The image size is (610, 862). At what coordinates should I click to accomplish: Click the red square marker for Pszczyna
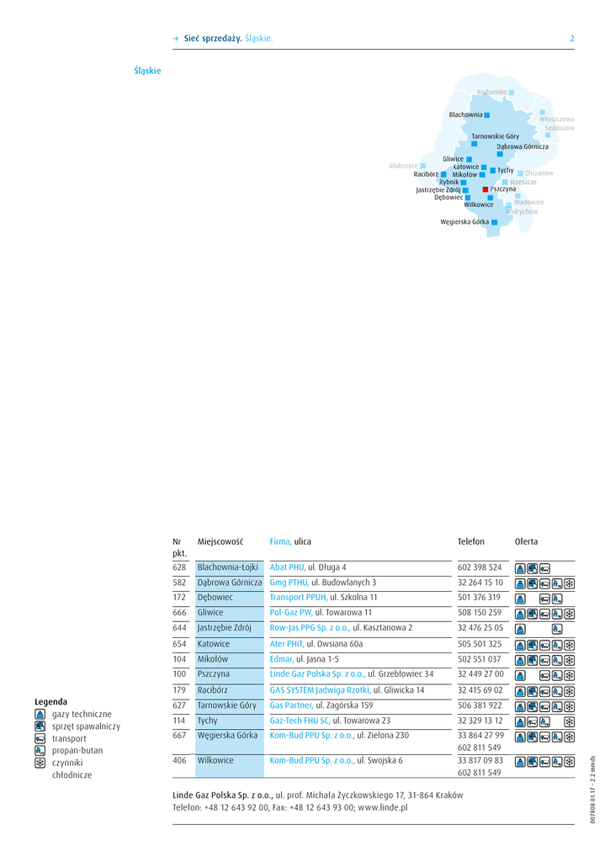point(485,189)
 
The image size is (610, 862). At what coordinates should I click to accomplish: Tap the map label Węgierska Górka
point(464,222)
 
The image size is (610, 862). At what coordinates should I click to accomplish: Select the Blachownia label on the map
point(465,114)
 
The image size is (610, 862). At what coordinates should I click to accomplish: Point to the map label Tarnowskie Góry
point(495,136)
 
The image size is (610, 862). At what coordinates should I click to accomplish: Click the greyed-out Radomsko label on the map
point(491,91)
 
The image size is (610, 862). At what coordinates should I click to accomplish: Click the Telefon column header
point(471,541)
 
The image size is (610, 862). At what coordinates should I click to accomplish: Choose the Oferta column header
point(526,541)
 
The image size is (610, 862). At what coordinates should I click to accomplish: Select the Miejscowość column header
point(220,541)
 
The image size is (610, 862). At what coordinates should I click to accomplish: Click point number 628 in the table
point(179,567)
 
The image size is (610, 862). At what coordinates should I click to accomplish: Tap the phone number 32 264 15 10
point(480,583)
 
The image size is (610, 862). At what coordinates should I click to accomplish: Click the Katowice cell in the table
point(213,644)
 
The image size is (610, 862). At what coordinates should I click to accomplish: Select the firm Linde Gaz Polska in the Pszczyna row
point(317,674)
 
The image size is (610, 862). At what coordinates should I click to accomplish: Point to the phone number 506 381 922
point(480,705)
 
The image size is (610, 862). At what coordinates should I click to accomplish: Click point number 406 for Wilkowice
point(179,760)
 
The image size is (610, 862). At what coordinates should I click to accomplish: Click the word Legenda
point(50,701)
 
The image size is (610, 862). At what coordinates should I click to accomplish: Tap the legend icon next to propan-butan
point(40,750)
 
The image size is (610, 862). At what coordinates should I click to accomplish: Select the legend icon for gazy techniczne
point(40,714)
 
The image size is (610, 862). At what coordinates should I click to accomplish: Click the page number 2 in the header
point(572,39)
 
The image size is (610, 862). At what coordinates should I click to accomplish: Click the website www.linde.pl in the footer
point(383,807)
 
